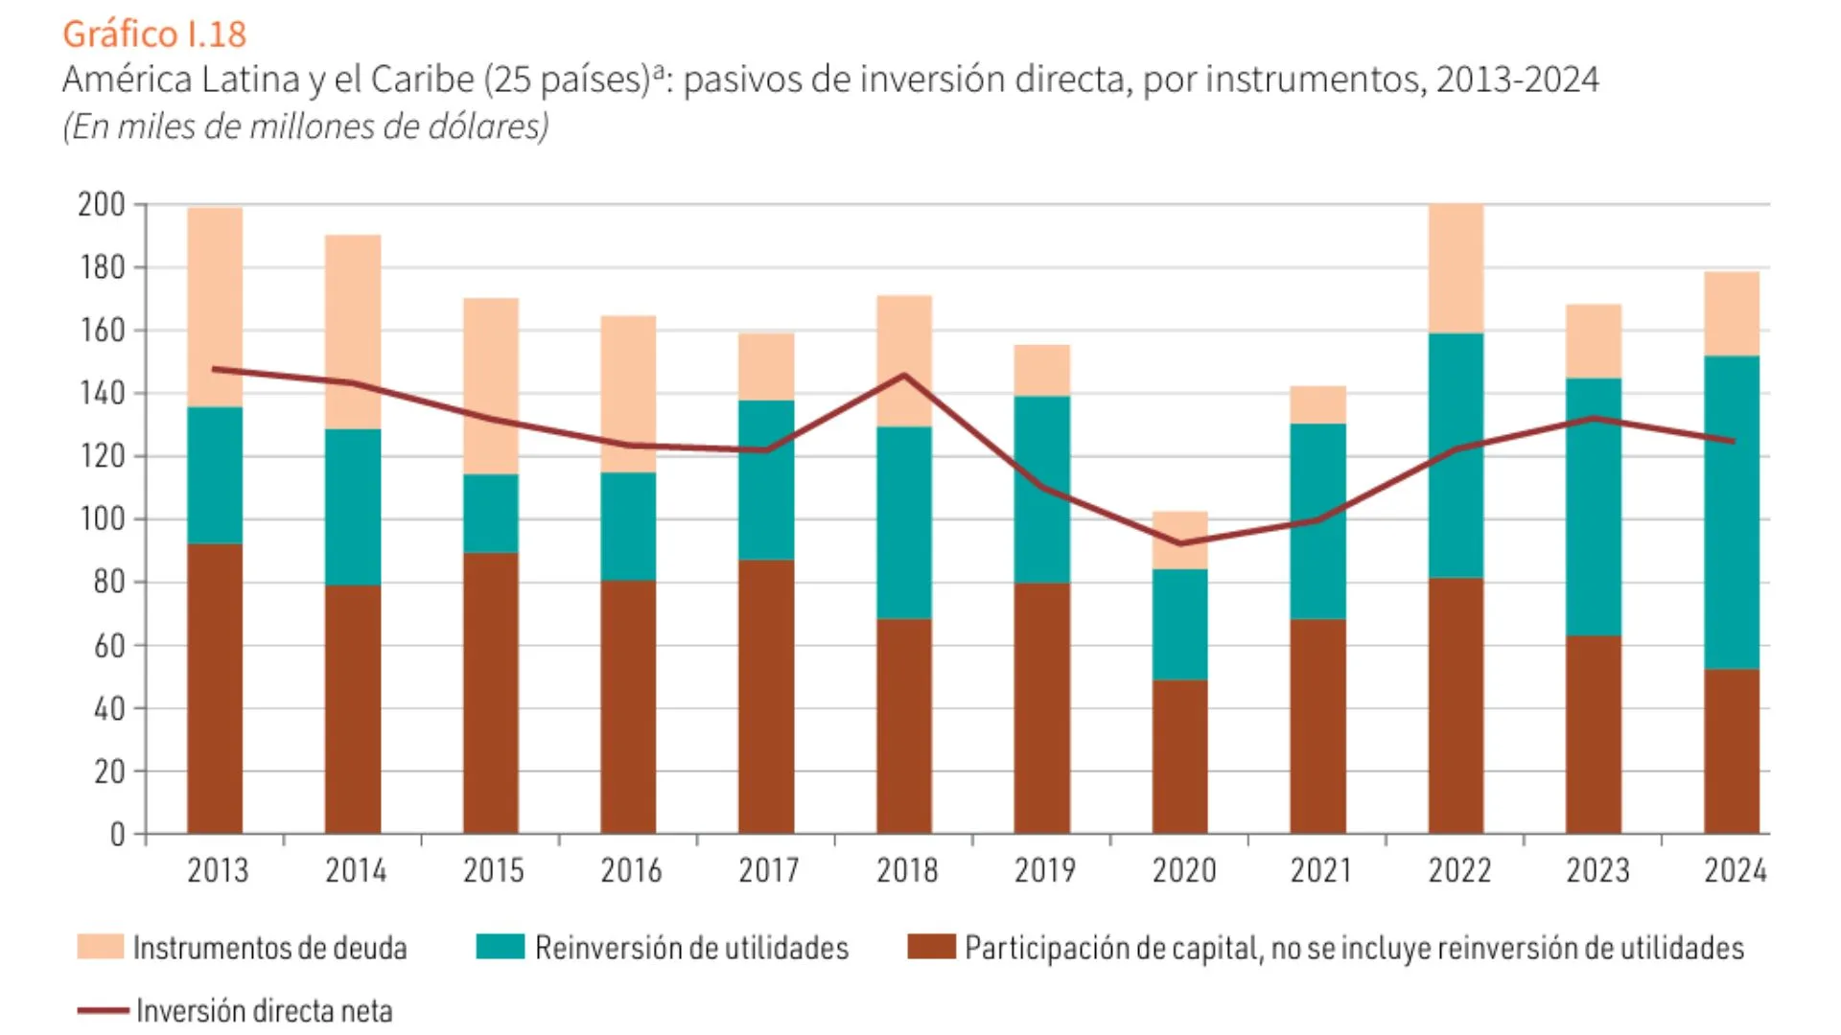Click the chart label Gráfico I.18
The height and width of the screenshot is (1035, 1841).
pos(154,34)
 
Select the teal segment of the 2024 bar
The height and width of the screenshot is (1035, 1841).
pos(1731,513)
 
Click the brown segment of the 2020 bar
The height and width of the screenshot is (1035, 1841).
pos(1179,757)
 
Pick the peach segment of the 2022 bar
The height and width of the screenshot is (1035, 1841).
pos(1456,268)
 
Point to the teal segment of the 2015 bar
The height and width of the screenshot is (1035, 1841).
pos(491,513)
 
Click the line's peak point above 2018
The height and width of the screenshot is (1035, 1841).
pos(904,375)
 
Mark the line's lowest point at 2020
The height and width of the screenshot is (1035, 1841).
pos(1179,543)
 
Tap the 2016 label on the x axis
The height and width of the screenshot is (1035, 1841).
pos(631,870)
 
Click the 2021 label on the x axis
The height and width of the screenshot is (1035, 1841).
pos(1320,870)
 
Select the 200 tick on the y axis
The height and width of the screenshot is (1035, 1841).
pos(102,204)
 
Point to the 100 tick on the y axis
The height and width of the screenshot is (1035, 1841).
pos(102,519)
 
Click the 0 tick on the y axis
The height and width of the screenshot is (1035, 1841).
pos(117,835)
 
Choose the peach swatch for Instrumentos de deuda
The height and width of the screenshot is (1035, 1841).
pos(101,947)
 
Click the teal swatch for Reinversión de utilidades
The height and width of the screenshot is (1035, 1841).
pos(501,947)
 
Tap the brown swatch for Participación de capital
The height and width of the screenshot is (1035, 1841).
pos(931,947)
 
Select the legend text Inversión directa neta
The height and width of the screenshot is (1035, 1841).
pos(264,1010)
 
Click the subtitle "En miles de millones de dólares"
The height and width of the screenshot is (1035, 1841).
pos(306,126)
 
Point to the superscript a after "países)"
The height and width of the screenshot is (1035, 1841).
pos(659,70)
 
